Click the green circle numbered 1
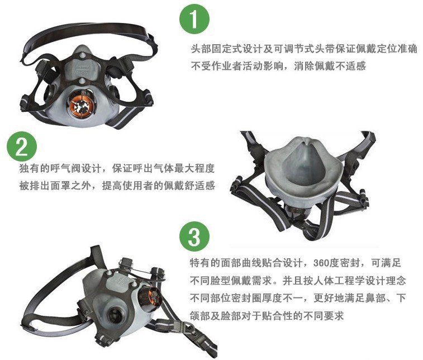194,19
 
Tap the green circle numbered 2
22,146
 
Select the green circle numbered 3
194,236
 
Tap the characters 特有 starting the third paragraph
200,263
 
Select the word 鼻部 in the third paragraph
376,298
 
